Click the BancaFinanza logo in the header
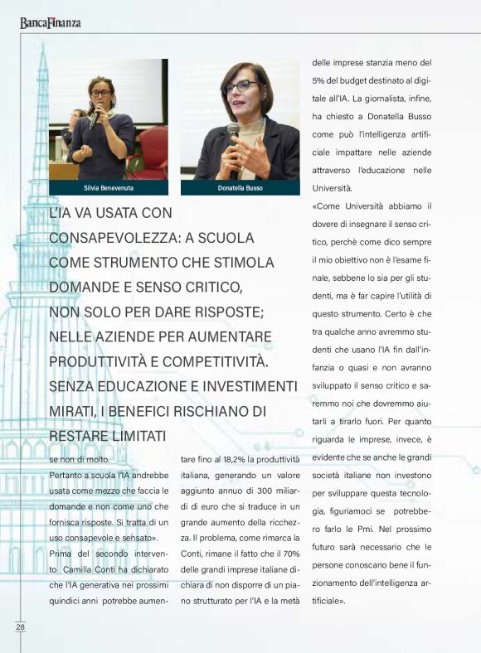(51, 22)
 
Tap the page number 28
(20, 627)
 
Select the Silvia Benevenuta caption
(108, 187)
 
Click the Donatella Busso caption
(240, 187)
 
